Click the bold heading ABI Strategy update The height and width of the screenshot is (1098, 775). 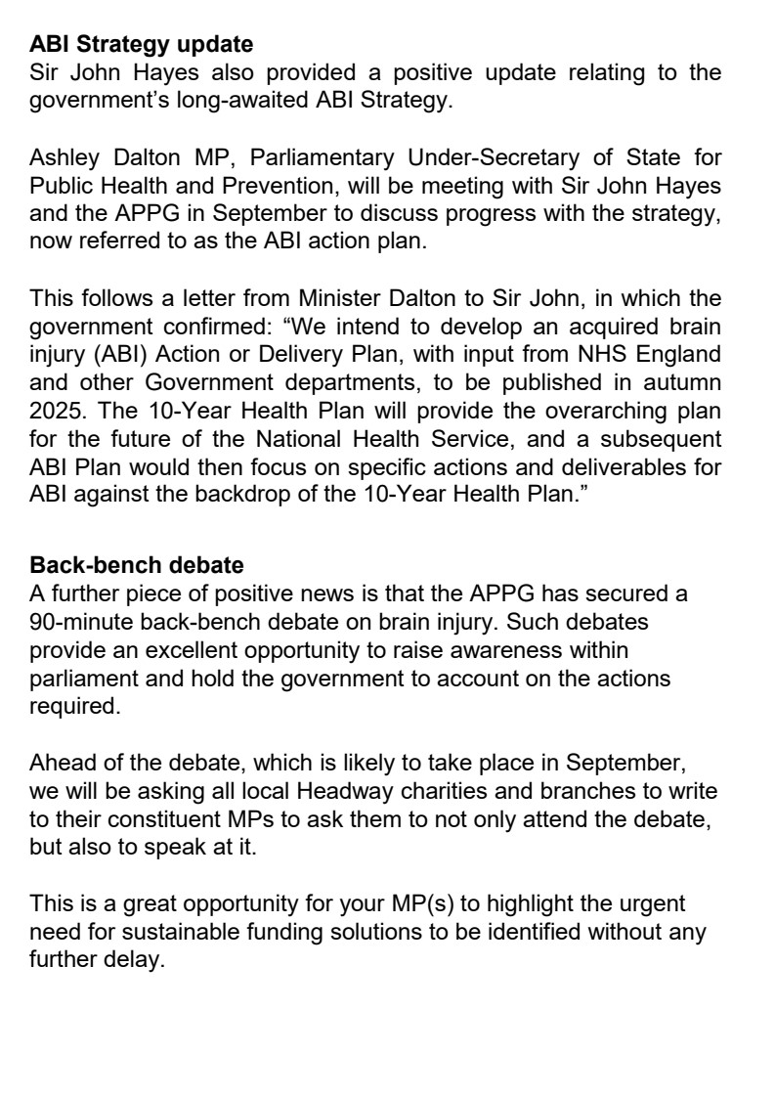[x=142, y=45]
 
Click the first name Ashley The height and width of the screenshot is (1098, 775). [x=64, y=155]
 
